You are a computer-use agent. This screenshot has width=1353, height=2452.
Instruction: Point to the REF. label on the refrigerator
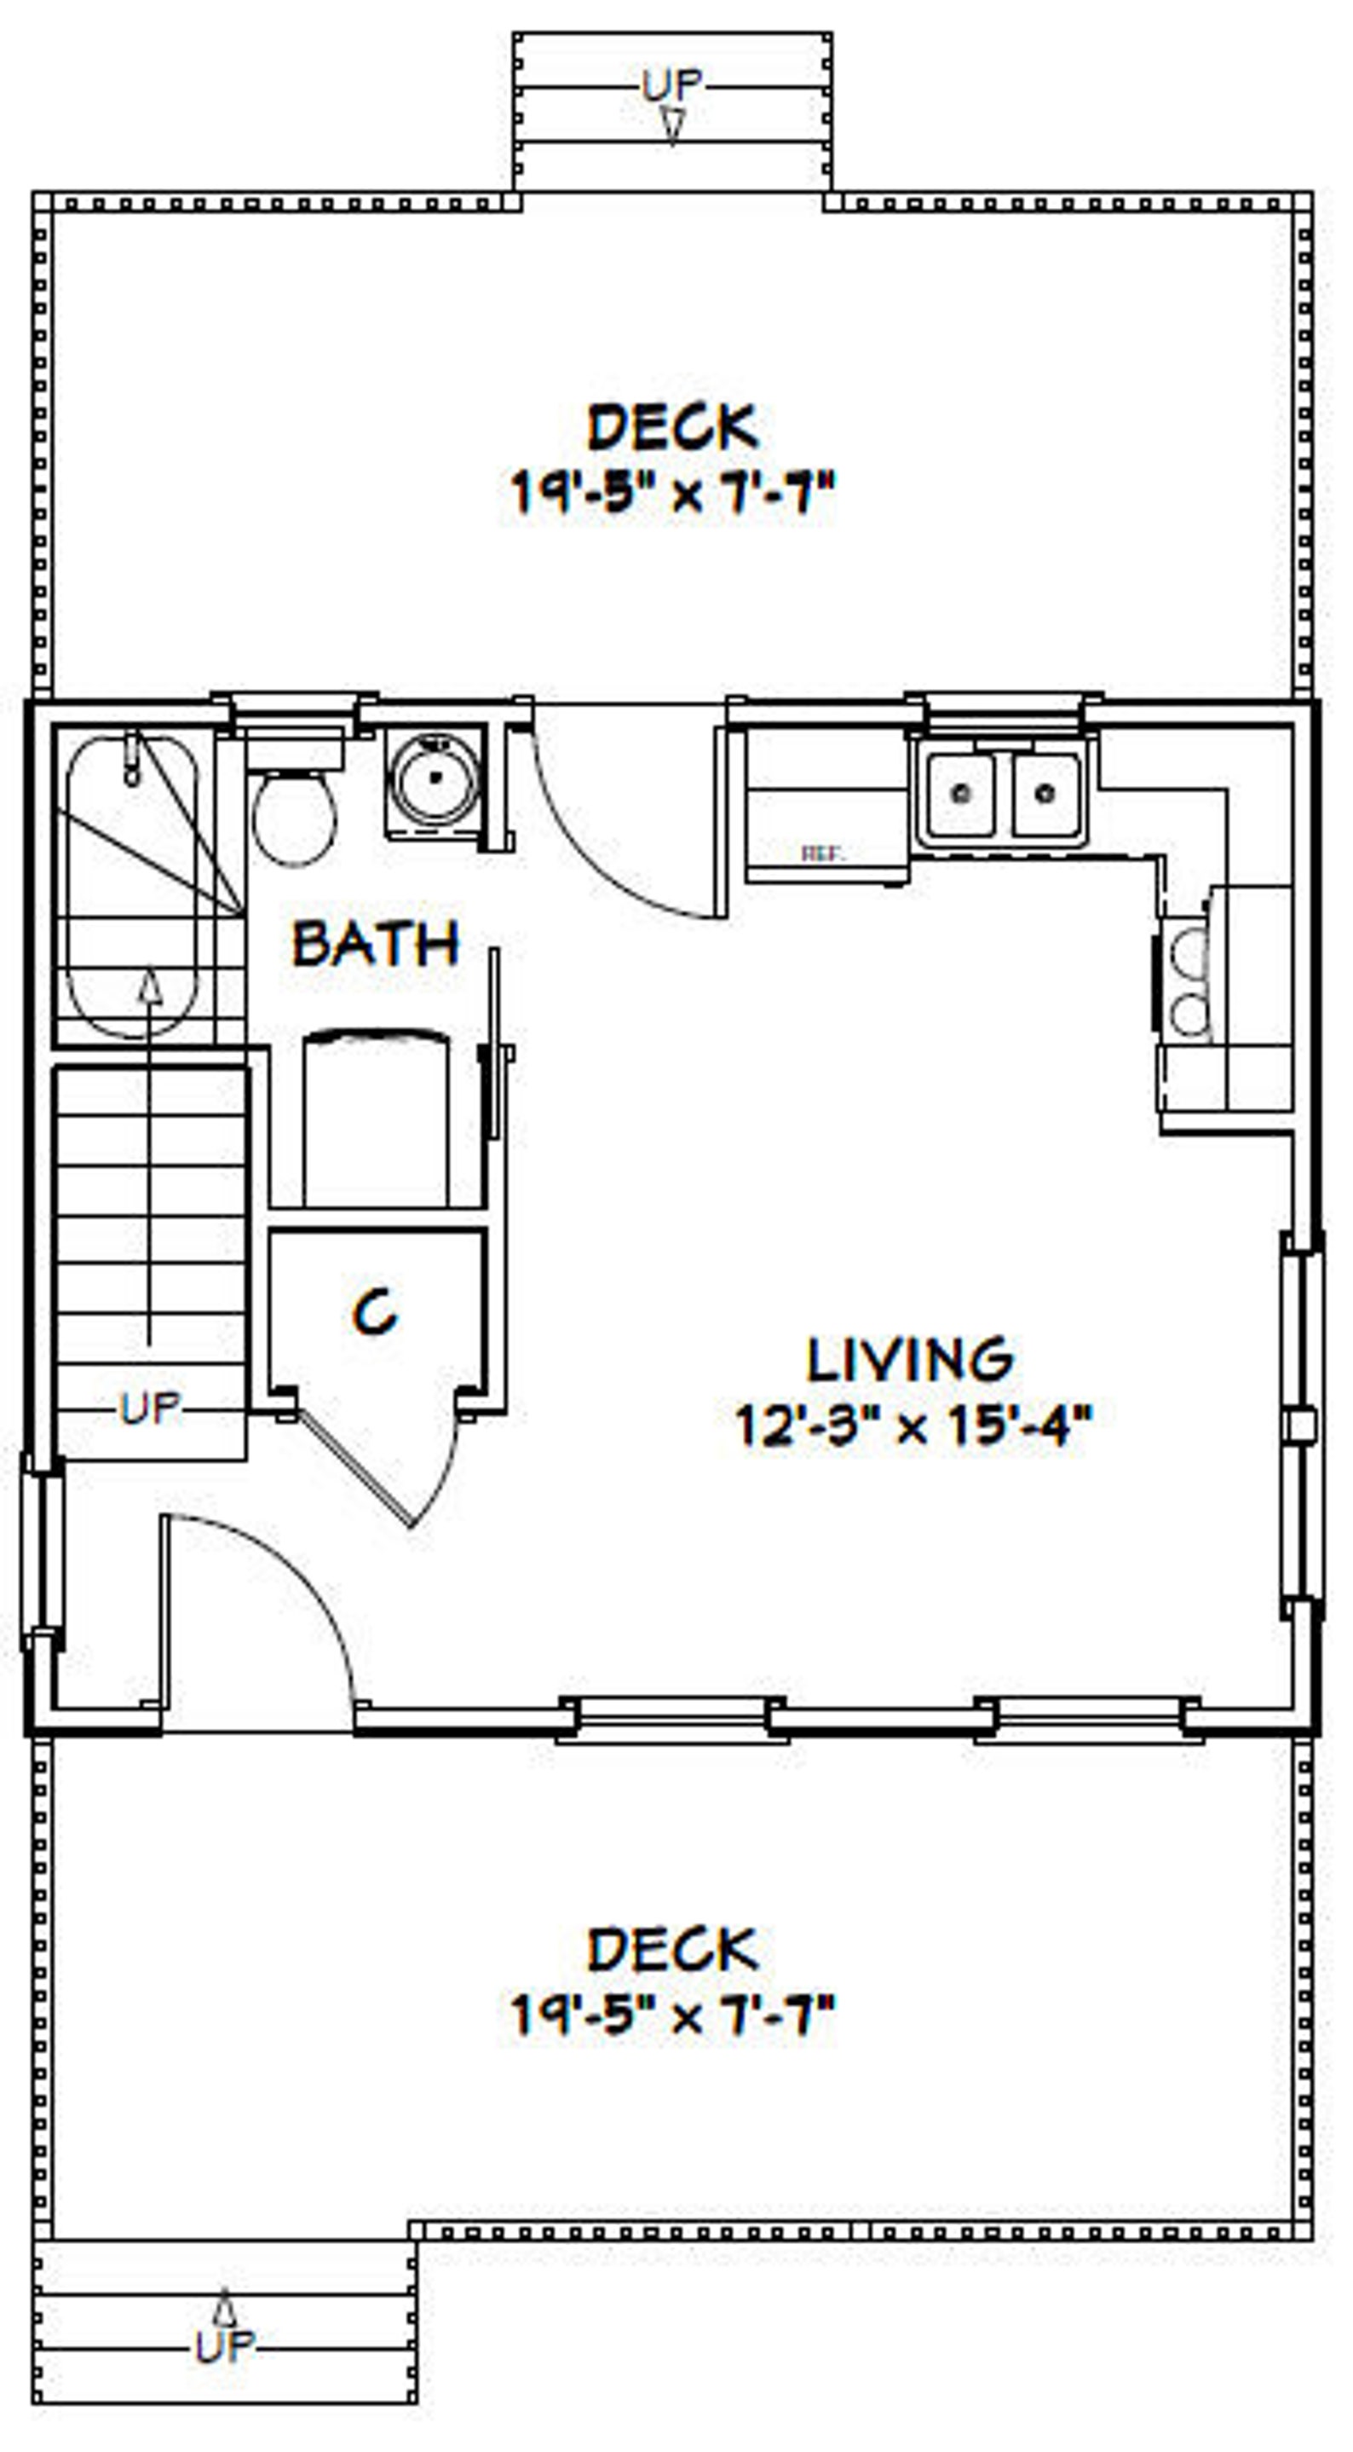point(821,853)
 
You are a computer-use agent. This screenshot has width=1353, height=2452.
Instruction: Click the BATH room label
point(375,945)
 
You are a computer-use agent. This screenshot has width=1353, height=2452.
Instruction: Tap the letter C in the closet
point(375,1314)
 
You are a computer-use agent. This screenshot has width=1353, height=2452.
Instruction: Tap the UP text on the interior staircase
point(150,1408)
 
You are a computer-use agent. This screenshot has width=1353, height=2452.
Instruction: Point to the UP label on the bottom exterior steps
point(225,2347)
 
